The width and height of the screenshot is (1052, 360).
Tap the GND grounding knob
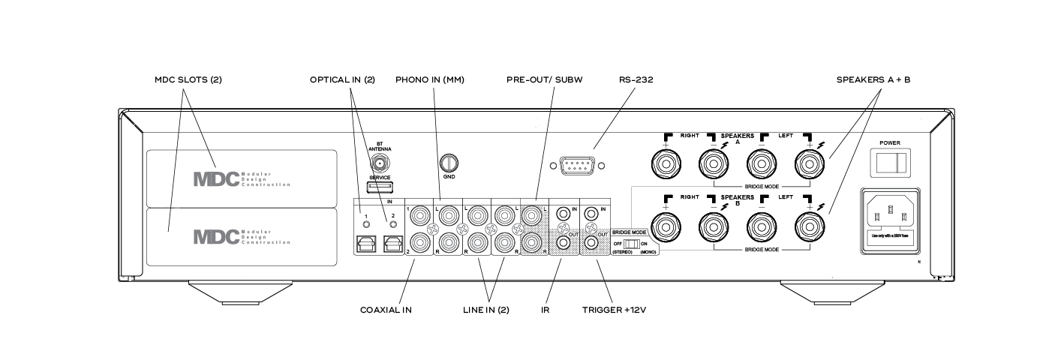tap(449, 161)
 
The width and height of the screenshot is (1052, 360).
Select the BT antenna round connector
tap(381, 162)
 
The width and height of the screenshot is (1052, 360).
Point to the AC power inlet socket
tap(891, 216)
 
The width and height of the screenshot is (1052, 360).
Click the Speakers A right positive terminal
tap(666, 161)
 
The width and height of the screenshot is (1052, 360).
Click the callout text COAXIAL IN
tap(386, 310)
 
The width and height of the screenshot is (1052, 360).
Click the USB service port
tap(381, 186)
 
